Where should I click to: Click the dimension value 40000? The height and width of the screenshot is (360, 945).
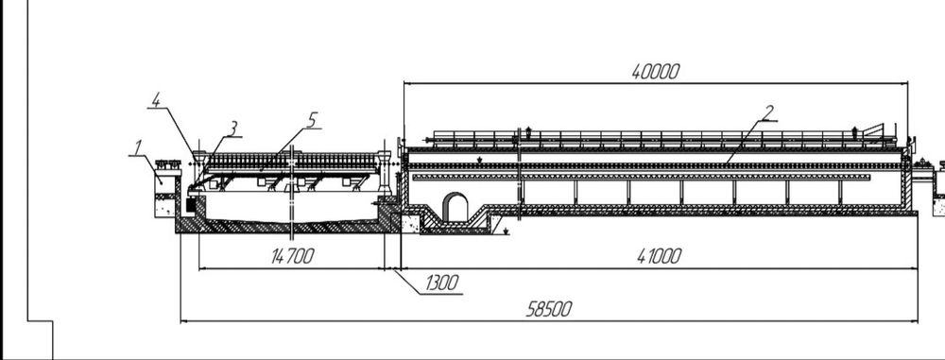tap(655, 72)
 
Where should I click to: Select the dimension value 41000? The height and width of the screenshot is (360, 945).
tap(659, 256)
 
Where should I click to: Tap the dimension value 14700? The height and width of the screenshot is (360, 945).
tap(293, 256)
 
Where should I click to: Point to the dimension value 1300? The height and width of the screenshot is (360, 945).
tap(441, 283)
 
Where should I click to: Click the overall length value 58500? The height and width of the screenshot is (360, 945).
tap(548, 309)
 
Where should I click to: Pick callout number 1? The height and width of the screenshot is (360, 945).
tap(138, 146)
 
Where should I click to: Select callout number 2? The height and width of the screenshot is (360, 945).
tap(767, 112)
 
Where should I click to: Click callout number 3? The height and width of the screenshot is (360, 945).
tap(233, 129)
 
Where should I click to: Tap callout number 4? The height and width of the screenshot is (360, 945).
tap(156, 99)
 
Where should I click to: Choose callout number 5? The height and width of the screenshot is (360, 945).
tap(311, 120)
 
